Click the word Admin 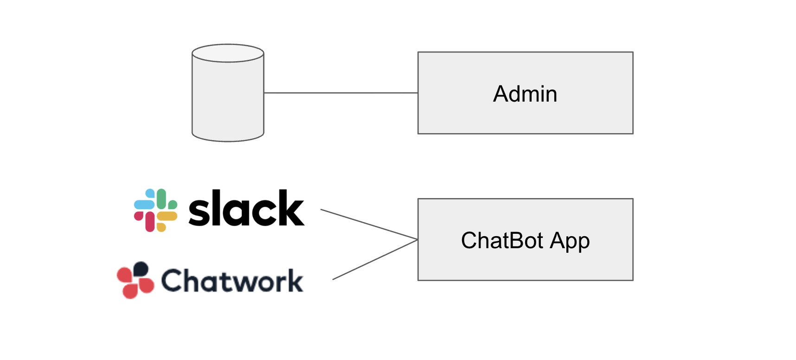(x=525, y=94)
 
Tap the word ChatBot (x=502, y=240)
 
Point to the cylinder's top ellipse (x=228, y=53)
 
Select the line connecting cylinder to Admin (x=341, y=93)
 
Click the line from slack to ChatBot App (x=369, y=225)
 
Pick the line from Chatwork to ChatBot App (x=375, y=259)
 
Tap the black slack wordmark (x=246, y=208)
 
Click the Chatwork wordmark (x=232, y=281)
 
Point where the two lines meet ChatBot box (x=418, y=239)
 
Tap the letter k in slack (x=292, y=208)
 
